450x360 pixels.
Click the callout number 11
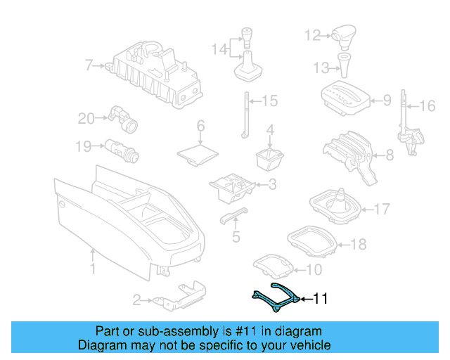click(320, 300)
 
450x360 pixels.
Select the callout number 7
click(89, 66)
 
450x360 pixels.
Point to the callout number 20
click(86, 119)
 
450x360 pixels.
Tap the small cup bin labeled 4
click(269, 158)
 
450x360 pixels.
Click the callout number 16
click(427, 107)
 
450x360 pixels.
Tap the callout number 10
click(314, 269)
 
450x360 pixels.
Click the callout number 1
click(91, 269)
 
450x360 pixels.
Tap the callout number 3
click(271, 185)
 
